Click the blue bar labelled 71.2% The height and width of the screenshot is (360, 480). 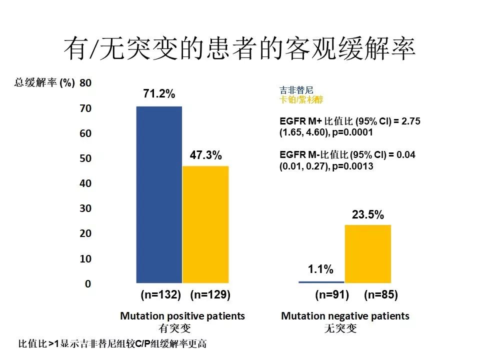click(x=159, y=194)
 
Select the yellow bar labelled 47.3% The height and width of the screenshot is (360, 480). click(x=205, y=224)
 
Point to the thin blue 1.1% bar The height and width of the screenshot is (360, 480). click(x=321, y=282)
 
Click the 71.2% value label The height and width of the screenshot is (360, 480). click(x=159, y=94)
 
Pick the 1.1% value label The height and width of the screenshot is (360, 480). click(x=320, y=270)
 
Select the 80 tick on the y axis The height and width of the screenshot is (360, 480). click(x=85, y=83)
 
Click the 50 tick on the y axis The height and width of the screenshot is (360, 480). click(x=85, y=158)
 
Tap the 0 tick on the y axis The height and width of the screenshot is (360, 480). click(x=88, y=284)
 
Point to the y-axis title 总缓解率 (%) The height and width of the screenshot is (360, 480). click(x=44, y=83)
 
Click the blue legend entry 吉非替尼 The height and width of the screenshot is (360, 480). click(x=296, y=91)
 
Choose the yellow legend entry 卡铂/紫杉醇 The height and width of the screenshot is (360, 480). click(x=301, y=100)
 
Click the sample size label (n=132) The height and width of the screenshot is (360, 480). click(x=160, y=295)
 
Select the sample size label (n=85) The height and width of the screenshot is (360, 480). click(x=381, y=295)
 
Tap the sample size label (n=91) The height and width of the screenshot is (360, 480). click(x=332, y=295)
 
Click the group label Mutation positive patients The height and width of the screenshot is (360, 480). click(x=182, y=316)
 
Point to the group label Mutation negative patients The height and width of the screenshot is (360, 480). click(x=345, y=316)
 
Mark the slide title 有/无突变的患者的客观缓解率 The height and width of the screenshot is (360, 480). click(x=239, y=49)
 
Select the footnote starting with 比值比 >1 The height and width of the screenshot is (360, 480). click(x=112, y=344)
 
